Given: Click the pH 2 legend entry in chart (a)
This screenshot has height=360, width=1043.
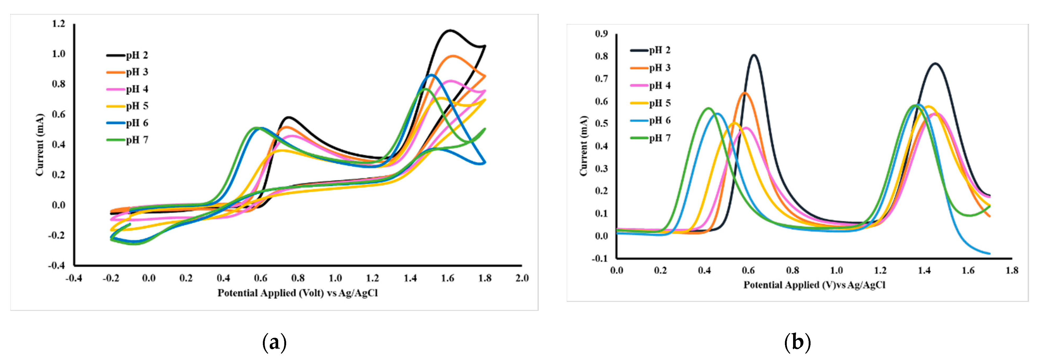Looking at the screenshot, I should [127, 55].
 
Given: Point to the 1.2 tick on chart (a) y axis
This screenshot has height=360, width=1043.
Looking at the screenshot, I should [58, 24].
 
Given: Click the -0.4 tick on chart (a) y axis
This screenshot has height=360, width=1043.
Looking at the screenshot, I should [56, 265].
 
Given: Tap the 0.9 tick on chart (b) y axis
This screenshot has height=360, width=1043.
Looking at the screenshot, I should [601, 34].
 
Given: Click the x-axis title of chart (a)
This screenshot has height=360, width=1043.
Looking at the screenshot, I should [298, 293].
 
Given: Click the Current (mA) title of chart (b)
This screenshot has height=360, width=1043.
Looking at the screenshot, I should [583, 146].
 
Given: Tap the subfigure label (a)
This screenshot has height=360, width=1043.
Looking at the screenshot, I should [275, 343].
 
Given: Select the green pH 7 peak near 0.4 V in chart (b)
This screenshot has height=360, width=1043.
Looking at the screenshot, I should [708, 108].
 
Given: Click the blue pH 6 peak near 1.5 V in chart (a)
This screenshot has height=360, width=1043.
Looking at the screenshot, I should [432, 75].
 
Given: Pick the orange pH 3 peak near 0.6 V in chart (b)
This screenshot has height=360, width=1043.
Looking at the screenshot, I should [744, 93].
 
